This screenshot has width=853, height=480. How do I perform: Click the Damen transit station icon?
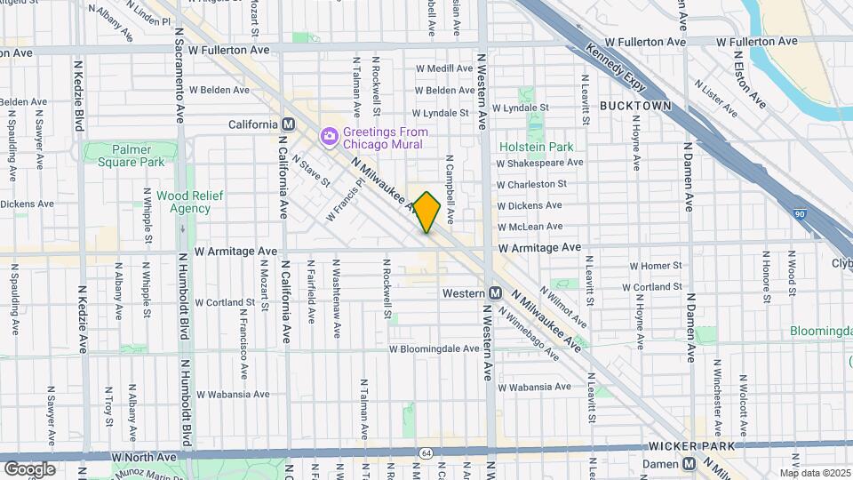689,463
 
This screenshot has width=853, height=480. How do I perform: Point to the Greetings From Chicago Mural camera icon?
329,135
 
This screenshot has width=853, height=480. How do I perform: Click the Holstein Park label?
535,146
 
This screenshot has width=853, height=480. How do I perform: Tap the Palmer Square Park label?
125,156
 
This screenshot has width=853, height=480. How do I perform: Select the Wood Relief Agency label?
184,202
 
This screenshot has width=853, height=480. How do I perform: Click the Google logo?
29,468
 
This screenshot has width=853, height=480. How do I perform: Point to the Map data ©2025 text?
815,473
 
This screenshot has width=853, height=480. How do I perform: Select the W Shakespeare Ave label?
539,163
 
